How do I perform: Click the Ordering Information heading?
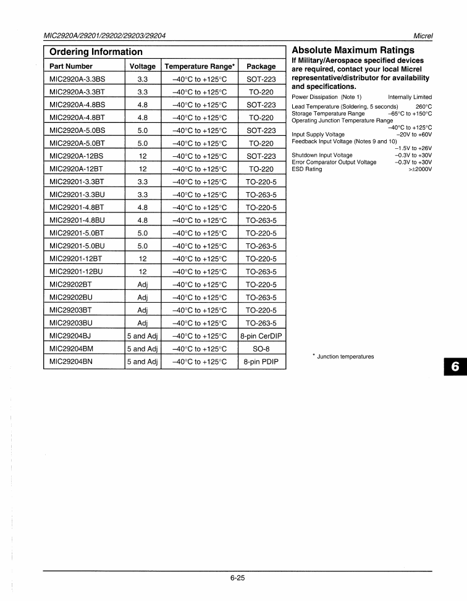pyautogui.click(x=96, y=52)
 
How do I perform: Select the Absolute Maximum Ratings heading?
pyautogui.click(x=353, y=50)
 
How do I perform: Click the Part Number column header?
pyautogui.click(x=71, y=66)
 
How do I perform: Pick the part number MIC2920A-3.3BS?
pyautogui.click(x=77, y=79)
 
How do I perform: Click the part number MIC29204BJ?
pyautogui.click(x=70, y=336)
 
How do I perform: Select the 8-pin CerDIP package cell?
pyautogui.click(x=261, y=336)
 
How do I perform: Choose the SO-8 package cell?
pyautogui.click(x=261, y=349)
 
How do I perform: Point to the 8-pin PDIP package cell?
pyautogui.click(x=261, y=362)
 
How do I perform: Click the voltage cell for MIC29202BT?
pyautogui.click(x=143, y=285)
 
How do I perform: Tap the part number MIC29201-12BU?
pyautogui.click(x=76, y=272)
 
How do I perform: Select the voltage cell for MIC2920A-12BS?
pyautogui.click(x=143, y=156)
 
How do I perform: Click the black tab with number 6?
pyautogui.click(x=454, y=366)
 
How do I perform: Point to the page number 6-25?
pyautogui.click(x=237, y=578)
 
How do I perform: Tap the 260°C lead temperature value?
pyautogui.click(x=424, y=106)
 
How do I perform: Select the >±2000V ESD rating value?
pyautogui.click(x=420, y=169)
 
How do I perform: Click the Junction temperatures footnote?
pyautogui.click(x=343, y=356)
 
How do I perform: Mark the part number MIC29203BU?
pyautogui.click(x=70, y=323)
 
